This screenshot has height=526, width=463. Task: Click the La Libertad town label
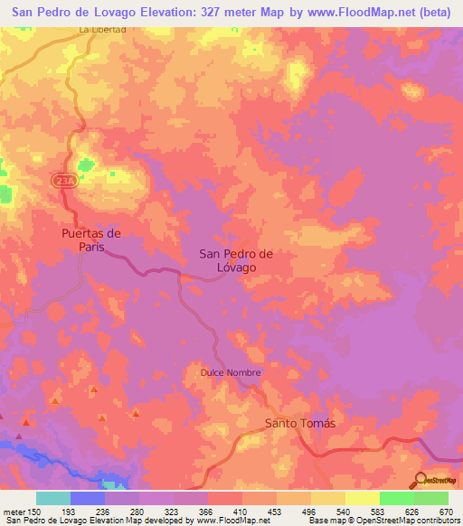[101, 29]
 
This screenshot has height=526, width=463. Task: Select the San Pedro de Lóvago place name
[234, 260]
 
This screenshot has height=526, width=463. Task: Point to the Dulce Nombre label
[231, 372]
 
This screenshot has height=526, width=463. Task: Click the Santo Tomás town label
[299, 424]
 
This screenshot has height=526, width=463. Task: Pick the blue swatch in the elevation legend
[88, 498]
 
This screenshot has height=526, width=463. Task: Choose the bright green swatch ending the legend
[431, 498]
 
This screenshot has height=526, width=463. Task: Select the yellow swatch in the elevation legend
[363, 498]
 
